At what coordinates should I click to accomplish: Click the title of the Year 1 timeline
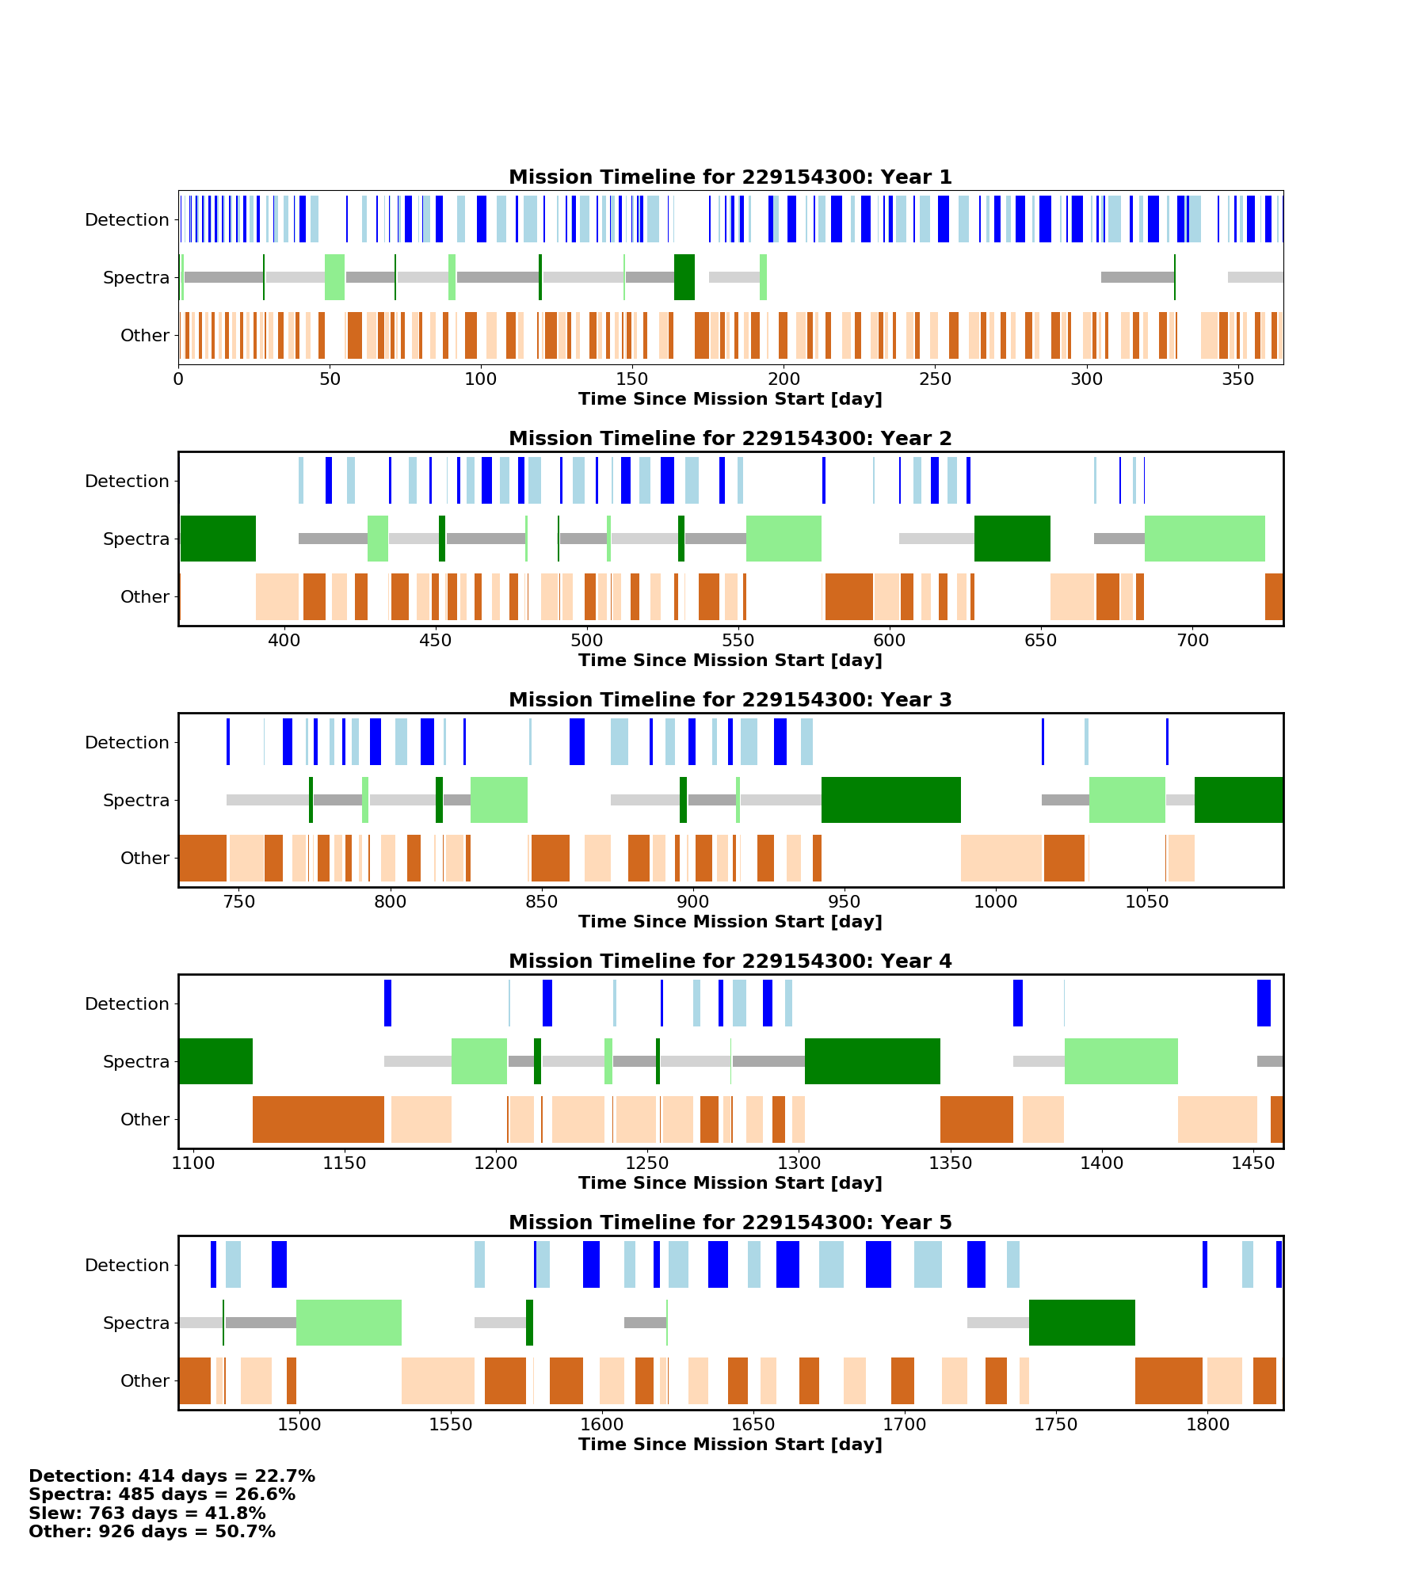click(x=730, y=177)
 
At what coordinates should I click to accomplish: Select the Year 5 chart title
click(x=730, y=1223)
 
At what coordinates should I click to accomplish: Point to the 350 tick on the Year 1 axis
click(x=1237, y=379)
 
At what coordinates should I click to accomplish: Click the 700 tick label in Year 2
click(x=1192, y=641)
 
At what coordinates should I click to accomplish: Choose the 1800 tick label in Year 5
click(x=1207, y=1425)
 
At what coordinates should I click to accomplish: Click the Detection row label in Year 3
click(x=127, y=743)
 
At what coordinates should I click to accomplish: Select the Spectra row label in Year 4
click(x=135, y=1062)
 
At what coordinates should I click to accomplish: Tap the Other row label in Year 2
click(x=144, y=597)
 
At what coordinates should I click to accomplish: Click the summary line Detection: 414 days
click(x=172, y=1476)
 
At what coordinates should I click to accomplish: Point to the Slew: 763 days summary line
click(x=147, y=1514)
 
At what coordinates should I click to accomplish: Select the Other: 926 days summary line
click(x=152, y=1532)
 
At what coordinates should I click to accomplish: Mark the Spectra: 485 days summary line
click(x=162, y=1495)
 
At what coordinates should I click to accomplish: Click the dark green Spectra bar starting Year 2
click(x=218, y=539)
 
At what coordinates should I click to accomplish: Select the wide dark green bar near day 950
click(x=890, y=800)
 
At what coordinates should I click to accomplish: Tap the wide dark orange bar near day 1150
click(x=318, y=1119)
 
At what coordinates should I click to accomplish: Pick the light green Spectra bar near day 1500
click(x=349, y=1323)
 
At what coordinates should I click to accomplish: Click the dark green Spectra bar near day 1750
click(x=1081, y=1323)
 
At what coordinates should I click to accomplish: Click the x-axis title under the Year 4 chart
click(x=730, y=1183)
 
